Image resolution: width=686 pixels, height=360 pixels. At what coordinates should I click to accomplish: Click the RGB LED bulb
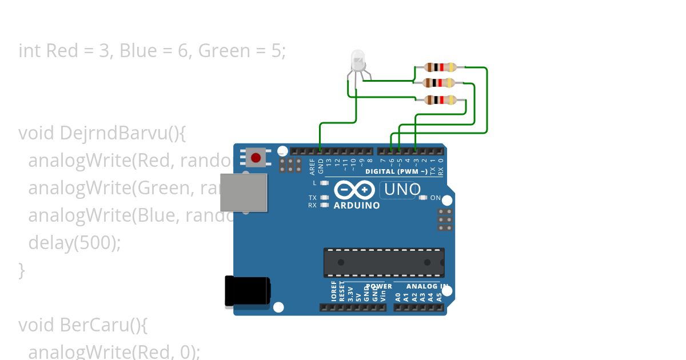(358, 61)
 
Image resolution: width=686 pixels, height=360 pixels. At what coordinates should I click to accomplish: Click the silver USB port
(244, 192)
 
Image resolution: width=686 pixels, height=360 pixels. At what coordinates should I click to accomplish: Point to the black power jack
(247, 291)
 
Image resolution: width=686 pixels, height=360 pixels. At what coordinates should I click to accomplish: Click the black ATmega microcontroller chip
(384, 262)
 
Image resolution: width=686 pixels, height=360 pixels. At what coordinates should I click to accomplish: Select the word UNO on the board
(403, 189)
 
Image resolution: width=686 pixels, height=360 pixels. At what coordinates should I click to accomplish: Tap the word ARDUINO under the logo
(357, 205)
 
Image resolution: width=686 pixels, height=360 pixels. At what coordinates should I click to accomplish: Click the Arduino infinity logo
(354, 190)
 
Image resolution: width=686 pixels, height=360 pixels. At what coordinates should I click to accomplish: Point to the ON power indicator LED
(424, 198)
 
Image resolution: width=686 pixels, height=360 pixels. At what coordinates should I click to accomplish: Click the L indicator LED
(325, 183)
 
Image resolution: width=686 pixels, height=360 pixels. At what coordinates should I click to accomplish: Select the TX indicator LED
(325, 198)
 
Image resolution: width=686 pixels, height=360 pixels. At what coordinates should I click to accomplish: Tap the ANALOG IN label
(427, 286)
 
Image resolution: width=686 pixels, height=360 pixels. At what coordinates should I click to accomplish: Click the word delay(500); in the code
(74, 243)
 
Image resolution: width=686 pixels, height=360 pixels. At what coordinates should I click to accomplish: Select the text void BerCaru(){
(83, 325)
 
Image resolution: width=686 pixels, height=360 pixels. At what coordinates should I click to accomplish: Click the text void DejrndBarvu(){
(102, 133)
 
